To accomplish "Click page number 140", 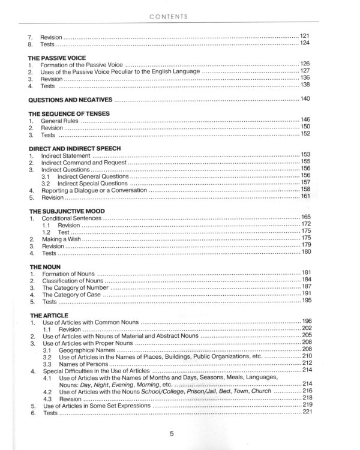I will (306, 98).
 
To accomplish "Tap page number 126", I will (306, 63).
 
